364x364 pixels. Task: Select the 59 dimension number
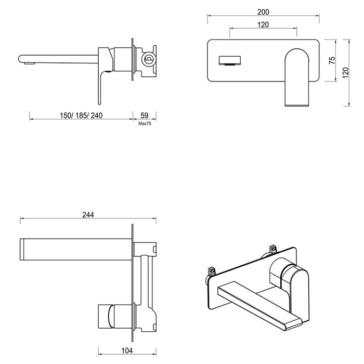point(145,115)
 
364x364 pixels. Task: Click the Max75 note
point(145,124)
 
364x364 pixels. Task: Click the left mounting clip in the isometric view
point(211,271)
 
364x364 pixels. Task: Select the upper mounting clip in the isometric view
point(270,249)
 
